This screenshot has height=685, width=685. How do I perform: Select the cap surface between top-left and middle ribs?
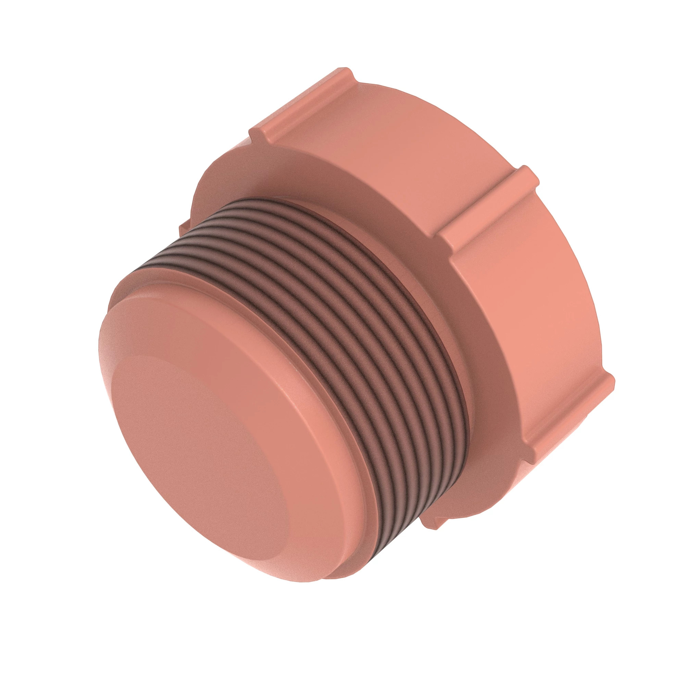(401, 142)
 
